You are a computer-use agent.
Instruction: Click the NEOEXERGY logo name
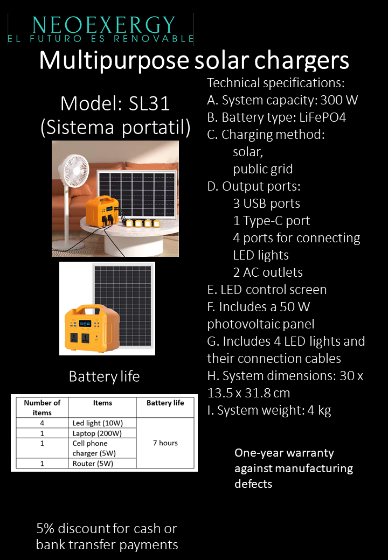click(x=104, y=24)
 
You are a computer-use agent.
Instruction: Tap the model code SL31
click(x=149, y=103)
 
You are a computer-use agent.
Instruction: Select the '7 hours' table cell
click(x=165, y=443)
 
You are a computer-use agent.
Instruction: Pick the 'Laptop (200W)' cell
click(x=97, y=433)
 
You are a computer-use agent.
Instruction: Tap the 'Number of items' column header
click(x=42, y=408)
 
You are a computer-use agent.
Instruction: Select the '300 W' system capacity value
click(x=339, y=100)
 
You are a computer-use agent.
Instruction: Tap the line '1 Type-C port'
click(x=272, y=221)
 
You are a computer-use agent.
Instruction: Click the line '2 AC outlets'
click(x=268, y=272)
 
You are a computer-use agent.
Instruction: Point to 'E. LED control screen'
click(x=267, y=290)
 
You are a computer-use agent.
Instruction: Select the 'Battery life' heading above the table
click(x=104, y=376)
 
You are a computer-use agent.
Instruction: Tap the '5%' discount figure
click(x=45, y=528)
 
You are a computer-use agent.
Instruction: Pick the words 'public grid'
click(x=263, y=169)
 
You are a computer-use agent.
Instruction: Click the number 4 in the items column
click(x=42, y=423)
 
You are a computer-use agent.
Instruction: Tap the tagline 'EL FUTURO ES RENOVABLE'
click(x=100, y=39)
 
